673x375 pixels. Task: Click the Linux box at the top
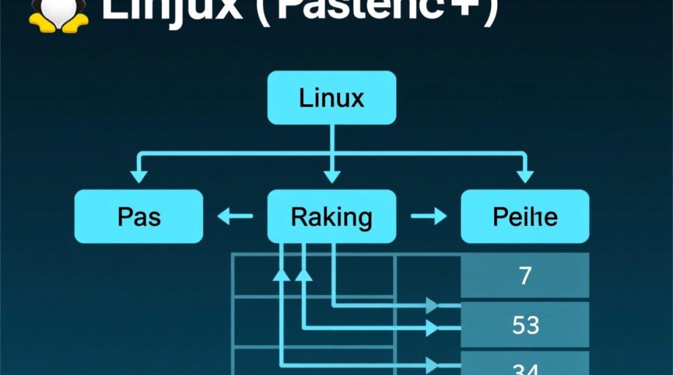tap(331, 97)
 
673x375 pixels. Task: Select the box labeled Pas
tap(139, 216)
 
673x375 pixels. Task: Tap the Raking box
tap(331, 216)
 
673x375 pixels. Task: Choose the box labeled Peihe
tap(525, 216)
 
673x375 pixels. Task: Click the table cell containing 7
tap(525, 275)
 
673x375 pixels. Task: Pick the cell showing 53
tap(525, 325)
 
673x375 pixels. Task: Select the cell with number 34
tap(525, 367)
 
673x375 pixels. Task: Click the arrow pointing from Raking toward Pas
tap(235, 216)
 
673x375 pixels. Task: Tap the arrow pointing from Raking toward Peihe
tap(429, 216)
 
